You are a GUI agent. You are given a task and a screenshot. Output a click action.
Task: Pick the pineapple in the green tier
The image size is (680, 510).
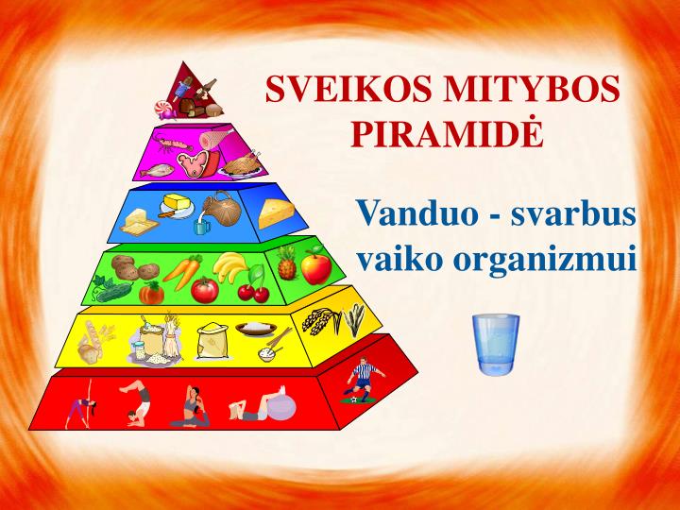286,265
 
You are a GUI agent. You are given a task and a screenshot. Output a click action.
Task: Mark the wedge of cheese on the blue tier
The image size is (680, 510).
277,213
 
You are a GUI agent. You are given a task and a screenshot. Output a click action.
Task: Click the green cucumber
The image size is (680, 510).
110,290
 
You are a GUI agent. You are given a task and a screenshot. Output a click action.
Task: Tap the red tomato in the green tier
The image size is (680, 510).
205,289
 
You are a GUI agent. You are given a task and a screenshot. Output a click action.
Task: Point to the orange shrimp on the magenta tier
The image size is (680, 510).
175,146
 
